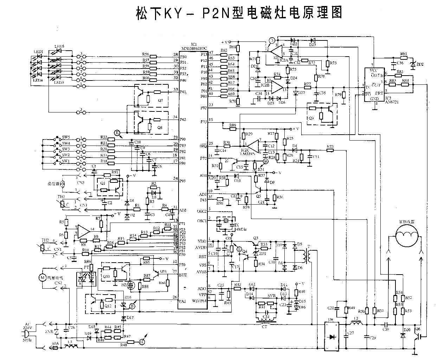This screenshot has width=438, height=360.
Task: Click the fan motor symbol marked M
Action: point(43,277)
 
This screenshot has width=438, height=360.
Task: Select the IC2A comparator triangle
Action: point(277,51)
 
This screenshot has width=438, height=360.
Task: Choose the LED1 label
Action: point(38,52)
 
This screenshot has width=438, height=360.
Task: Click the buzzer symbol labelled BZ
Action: point(131,285)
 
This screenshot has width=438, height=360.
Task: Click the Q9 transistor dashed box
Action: point(322,113)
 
